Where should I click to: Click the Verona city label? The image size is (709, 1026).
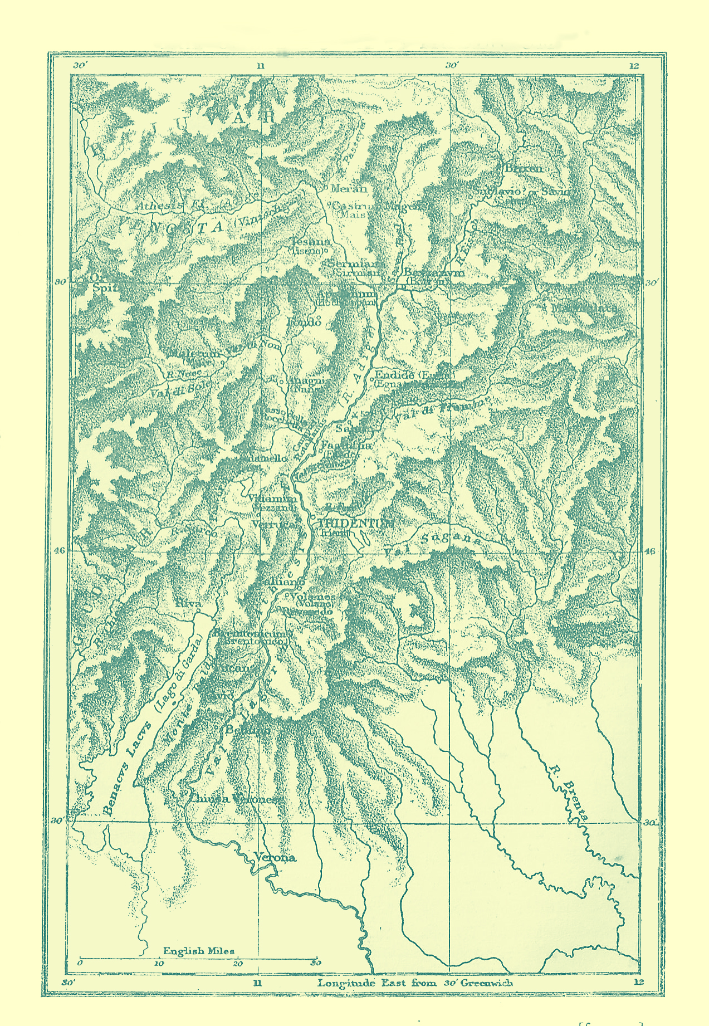[x=275, y=857]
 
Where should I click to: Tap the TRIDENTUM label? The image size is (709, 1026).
[x=356, y=524]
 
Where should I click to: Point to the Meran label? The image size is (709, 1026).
[x=349, y=189]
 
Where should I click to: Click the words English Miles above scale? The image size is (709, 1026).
[x=198, y=951]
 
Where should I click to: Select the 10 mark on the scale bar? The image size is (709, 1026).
[x=159, y=964]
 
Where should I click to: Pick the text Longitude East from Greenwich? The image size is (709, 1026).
[x=415, y=983]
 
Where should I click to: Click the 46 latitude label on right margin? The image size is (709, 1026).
[x=651, y=551]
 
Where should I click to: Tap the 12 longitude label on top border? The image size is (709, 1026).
[x=635, y=66]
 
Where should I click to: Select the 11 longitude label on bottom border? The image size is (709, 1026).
[x=257, y=982]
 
